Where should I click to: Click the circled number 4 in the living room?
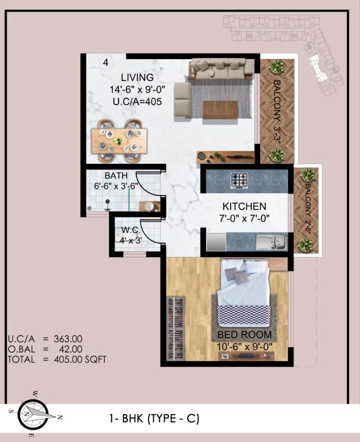[106, 63]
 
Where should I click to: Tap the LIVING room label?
[137, 78]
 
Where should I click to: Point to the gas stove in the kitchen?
[239, 180]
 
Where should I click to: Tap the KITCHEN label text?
[244, 207]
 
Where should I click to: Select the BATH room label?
[116, 175]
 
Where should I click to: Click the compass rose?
[34, 414]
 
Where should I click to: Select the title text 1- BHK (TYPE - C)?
[154, 419]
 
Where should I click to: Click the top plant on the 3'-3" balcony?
[276, 67]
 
